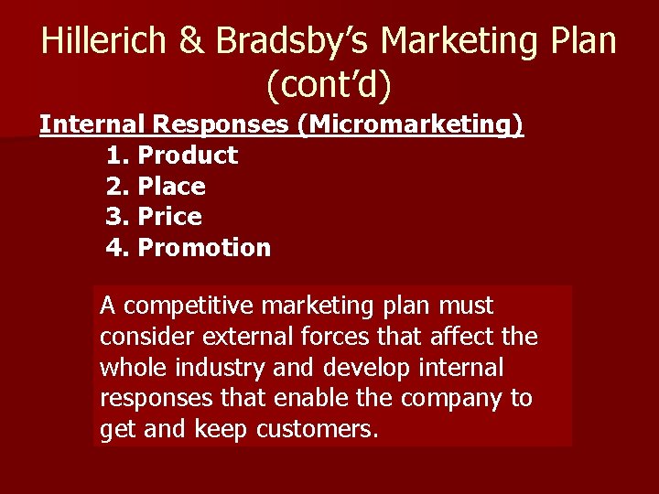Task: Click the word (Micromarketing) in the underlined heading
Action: click(x=410, y=124)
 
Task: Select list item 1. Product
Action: click(x=172, y=156)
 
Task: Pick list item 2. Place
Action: click(x=156, y=187)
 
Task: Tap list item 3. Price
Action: click(x=154, y=217)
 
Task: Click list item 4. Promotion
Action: click(x=189, y=248)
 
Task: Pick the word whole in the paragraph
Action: click(x=128, y=367)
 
